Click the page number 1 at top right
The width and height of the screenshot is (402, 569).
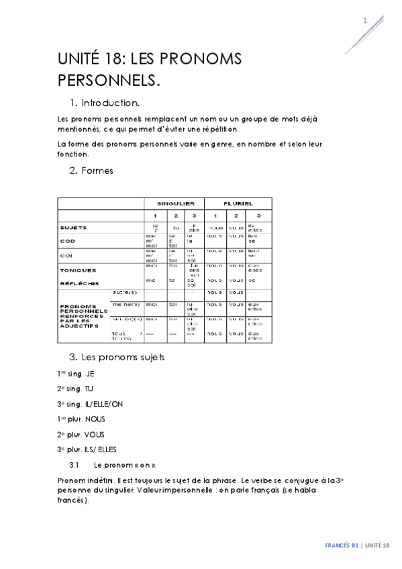coord(365,20)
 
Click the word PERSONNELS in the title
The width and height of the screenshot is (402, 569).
coord(109,81)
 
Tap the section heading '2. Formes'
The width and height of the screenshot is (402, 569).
coord(91,170)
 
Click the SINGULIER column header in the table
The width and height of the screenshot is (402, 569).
coord(175,203)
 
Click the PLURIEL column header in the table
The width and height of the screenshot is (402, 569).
coord(237,203)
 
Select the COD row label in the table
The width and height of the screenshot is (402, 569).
coord(67,241)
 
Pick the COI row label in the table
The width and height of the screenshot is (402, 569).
coord(66,255)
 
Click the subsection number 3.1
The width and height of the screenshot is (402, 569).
coord(74,464)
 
